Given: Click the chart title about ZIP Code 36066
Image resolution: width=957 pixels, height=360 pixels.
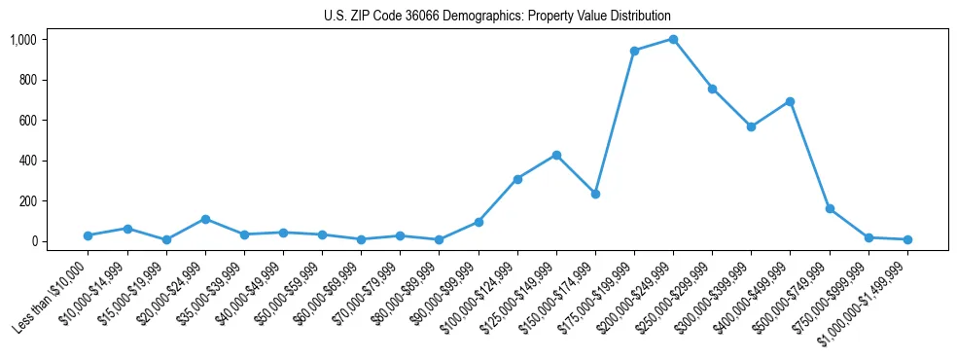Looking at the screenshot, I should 497,16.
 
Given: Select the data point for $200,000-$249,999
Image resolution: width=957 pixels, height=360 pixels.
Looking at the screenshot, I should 673,39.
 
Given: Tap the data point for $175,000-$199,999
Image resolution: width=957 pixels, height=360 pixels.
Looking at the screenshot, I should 634,51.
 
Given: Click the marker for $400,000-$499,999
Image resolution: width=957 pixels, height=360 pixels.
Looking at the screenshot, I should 791,101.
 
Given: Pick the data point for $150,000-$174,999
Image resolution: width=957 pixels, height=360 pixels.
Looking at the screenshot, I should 595,194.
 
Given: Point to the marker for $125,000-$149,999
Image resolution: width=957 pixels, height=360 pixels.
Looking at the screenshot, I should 556,155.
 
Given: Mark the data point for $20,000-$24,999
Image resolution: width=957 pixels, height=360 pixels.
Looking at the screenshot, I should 205,219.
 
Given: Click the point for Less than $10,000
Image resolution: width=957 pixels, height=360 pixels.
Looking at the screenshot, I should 88,235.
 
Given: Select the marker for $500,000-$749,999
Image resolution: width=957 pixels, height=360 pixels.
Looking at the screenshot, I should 830,208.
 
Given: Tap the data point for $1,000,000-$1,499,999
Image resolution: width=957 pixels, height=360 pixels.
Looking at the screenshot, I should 907,239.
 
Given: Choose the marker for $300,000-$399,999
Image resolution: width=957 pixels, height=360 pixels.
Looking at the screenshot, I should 751,126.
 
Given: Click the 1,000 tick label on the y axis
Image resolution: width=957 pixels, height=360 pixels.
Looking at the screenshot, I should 23,39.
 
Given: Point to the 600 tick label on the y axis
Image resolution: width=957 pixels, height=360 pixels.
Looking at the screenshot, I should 27,120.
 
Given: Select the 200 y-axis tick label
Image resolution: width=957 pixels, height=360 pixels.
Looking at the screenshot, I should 27,200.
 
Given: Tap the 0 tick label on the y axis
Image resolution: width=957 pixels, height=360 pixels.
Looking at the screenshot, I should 34,241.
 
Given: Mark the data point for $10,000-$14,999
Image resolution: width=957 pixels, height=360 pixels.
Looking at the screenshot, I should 127,228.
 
